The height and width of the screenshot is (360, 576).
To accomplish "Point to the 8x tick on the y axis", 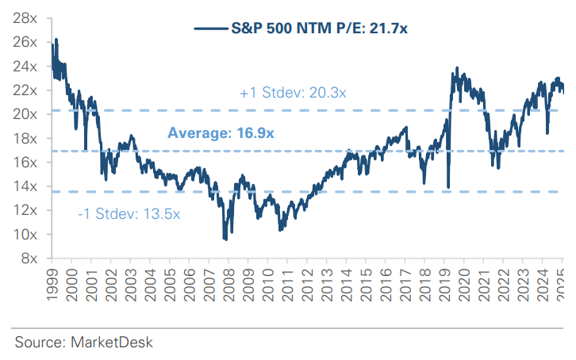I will (29, 258).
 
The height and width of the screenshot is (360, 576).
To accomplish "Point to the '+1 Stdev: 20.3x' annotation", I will (292, 94).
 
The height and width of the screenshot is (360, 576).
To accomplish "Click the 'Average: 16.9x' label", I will (221, 133).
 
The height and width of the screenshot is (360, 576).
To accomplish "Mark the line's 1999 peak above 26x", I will (56, 39).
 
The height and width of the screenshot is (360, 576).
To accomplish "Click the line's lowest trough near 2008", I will (225, 238).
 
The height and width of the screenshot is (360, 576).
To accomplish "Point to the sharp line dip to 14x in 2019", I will (449, 187).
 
